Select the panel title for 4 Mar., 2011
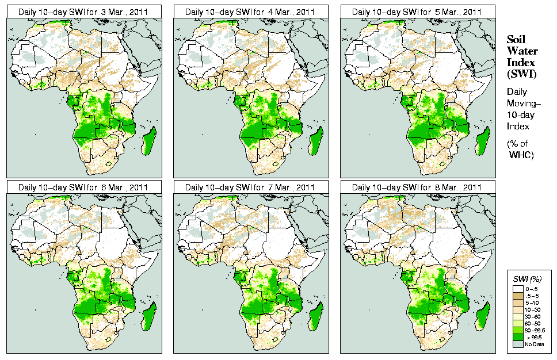tap(250, 11)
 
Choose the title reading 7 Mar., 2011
tap(250, 187)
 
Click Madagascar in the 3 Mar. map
tap(148, 141)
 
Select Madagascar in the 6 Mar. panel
tap(148, 317)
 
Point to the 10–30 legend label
tap(530, 309)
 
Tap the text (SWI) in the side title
tap(521, 74)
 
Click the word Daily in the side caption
tap(518, 91)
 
